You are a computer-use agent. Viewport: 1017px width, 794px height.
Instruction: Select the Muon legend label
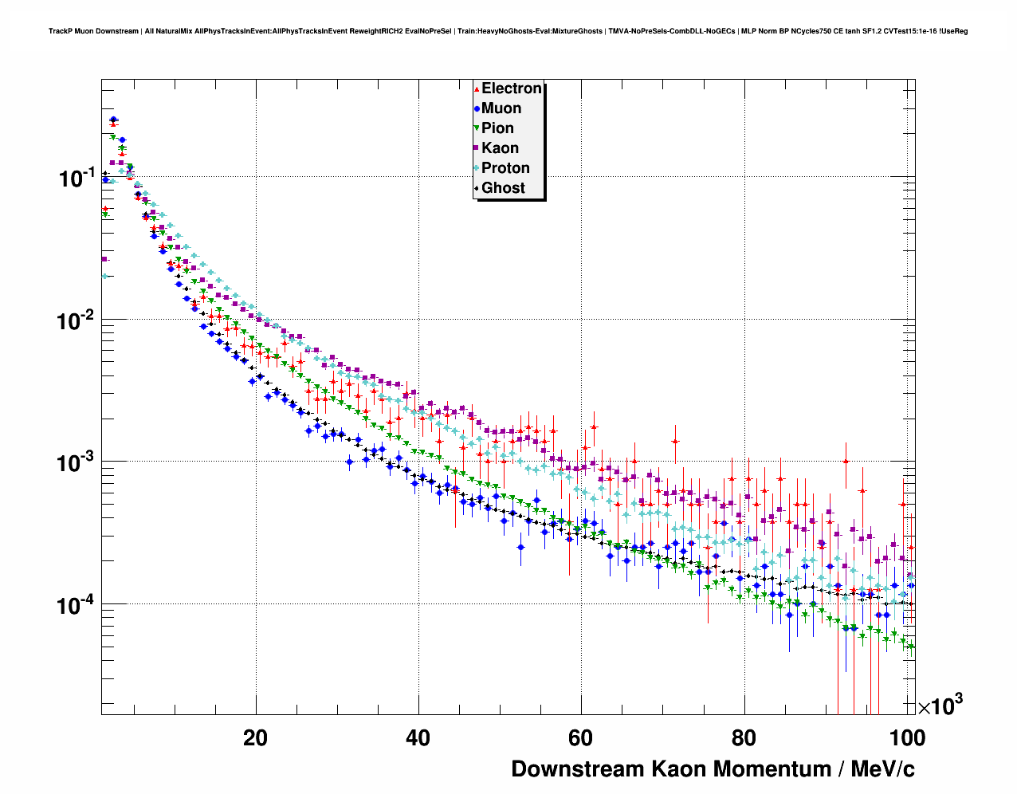click(501, 108)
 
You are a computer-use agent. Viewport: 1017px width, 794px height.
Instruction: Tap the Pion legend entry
click(497, 128)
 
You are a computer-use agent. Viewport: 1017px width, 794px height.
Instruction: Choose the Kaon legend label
click(500, 148)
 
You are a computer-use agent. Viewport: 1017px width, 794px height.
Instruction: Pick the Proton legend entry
click(505, 168)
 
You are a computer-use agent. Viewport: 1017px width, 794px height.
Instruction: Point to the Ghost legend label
click(503, 188)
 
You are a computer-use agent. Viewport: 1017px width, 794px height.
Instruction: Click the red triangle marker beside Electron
click(477, 89)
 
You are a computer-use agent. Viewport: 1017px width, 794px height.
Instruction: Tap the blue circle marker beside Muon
click(477, 109)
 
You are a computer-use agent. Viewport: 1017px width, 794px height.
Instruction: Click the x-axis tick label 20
click(255, 738)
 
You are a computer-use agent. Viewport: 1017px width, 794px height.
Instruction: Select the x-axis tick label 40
click(418, 738)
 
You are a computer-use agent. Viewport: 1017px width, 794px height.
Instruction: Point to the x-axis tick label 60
click(580, 738)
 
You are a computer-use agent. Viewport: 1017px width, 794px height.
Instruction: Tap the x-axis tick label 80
click(744, 738)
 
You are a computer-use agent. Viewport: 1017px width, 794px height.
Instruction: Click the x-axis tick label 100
click(907, 738)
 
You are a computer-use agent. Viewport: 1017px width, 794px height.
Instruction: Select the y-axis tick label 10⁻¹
click(77, 178)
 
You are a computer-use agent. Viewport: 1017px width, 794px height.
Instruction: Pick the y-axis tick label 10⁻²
click(77, 320)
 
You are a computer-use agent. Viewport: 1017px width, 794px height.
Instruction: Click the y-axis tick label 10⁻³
click(77, 463)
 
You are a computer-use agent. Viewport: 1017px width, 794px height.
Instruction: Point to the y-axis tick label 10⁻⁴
click(77, 606)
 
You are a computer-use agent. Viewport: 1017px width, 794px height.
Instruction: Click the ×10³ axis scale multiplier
click(940, 706)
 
